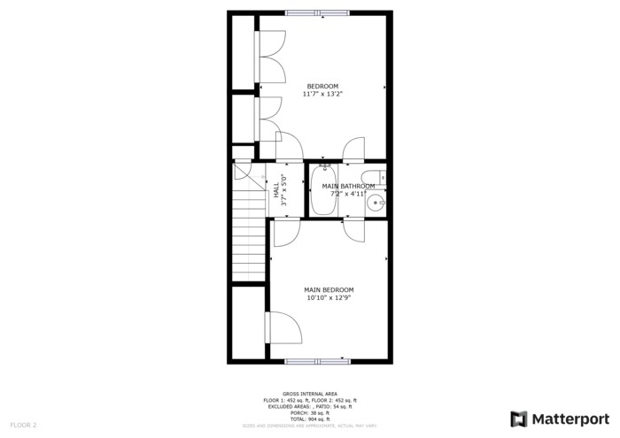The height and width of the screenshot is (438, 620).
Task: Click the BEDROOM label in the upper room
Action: [322, 86]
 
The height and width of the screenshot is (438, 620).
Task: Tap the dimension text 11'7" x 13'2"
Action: [322, 94]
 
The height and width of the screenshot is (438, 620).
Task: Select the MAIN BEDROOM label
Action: [329, 290]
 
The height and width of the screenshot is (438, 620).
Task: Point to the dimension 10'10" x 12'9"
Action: [329, 298]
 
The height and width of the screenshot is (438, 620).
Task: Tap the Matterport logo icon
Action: [519, 419]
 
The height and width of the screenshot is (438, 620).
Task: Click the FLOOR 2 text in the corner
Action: [23, 426]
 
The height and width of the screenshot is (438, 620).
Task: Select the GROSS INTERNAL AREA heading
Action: [309, 394]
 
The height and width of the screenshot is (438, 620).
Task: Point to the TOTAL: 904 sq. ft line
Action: [309, 419]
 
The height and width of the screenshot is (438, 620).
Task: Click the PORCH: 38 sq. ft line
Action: [309, 412]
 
